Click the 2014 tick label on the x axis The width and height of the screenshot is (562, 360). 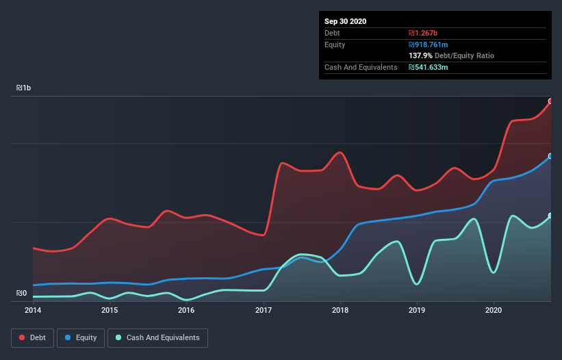33,310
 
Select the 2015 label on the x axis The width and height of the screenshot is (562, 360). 110,310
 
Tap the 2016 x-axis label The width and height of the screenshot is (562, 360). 186,310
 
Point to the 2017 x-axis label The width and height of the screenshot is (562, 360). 264,310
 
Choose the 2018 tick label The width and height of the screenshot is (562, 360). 340,310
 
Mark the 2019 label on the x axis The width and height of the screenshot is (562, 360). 417,310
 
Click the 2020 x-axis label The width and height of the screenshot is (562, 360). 494,310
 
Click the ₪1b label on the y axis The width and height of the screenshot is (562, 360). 24,88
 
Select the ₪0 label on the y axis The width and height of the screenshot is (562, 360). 21,294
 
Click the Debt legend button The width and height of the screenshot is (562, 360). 32,337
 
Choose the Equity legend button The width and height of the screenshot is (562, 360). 80,337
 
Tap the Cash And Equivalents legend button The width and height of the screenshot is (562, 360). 157,337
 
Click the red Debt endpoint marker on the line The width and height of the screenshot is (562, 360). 550,101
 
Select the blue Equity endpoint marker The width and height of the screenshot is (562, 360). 550,156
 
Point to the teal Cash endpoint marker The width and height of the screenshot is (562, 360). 550,216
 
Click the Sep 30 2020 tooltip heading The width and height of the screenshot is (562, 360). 345,21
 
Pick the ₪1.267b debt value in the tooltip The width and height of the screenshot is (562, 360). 423,33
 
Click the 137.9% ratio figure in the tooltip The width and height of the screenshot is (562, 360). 420,55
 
